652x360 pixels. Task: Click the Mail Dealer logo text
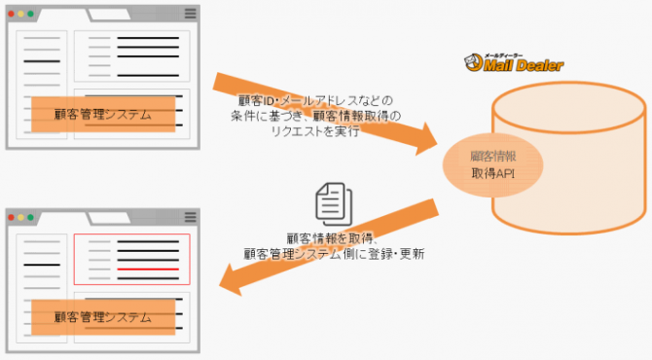click(524, 65)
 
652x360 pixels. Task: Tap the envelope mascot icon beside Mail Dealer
click(473, 62)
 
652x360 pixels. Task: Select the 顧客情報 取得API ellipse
click(492, 165)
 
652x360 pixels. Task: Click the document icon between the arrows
click(334, 204)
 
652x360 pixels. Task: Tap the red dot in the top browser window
click(12, 14)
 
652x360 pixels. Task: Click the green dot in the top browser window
click(30, 14)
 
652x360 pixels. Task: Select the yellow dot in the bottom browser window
click(20, 217)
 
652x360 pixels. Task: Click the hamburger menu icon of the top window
click(190, 14)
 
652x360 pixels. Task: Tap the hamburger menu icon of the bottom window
click(190, 217)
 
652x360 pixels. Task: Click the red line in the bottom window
click(148, 270)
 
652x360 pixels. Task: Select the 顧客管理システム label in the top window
click(103, 114)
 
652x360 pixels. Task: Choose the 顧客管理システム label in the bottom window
click(103, 317)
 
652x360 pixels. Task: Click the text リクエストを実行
click(315, 131)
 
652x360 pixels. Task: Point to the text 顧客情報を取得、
click(332, 238)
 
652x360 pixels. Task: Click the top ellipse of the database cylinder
click(569, 107)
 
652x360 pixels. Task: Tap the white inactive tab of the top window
click(109, 15)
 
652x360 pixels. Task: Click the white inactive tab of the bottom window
click(109, 218)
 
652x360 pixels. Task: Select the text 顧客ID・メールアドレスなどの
click(315, 100)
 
